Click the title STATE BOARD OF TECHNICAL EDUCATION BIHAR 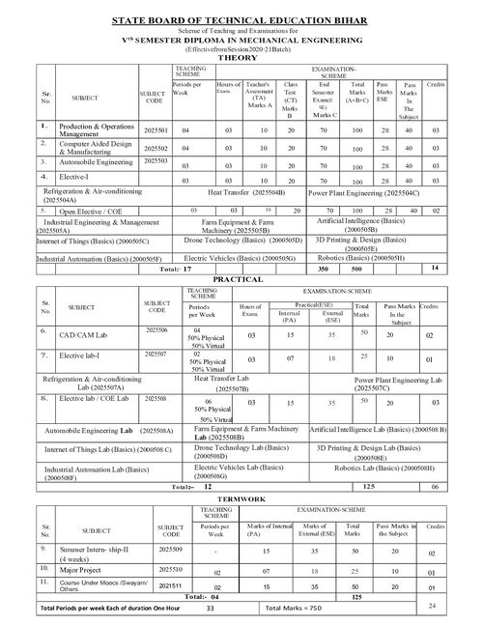point(241,18)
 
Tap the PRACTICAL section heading point(241,278)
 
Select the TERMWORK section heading point(241,498)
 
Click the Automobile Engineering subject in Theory point(94,162)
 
